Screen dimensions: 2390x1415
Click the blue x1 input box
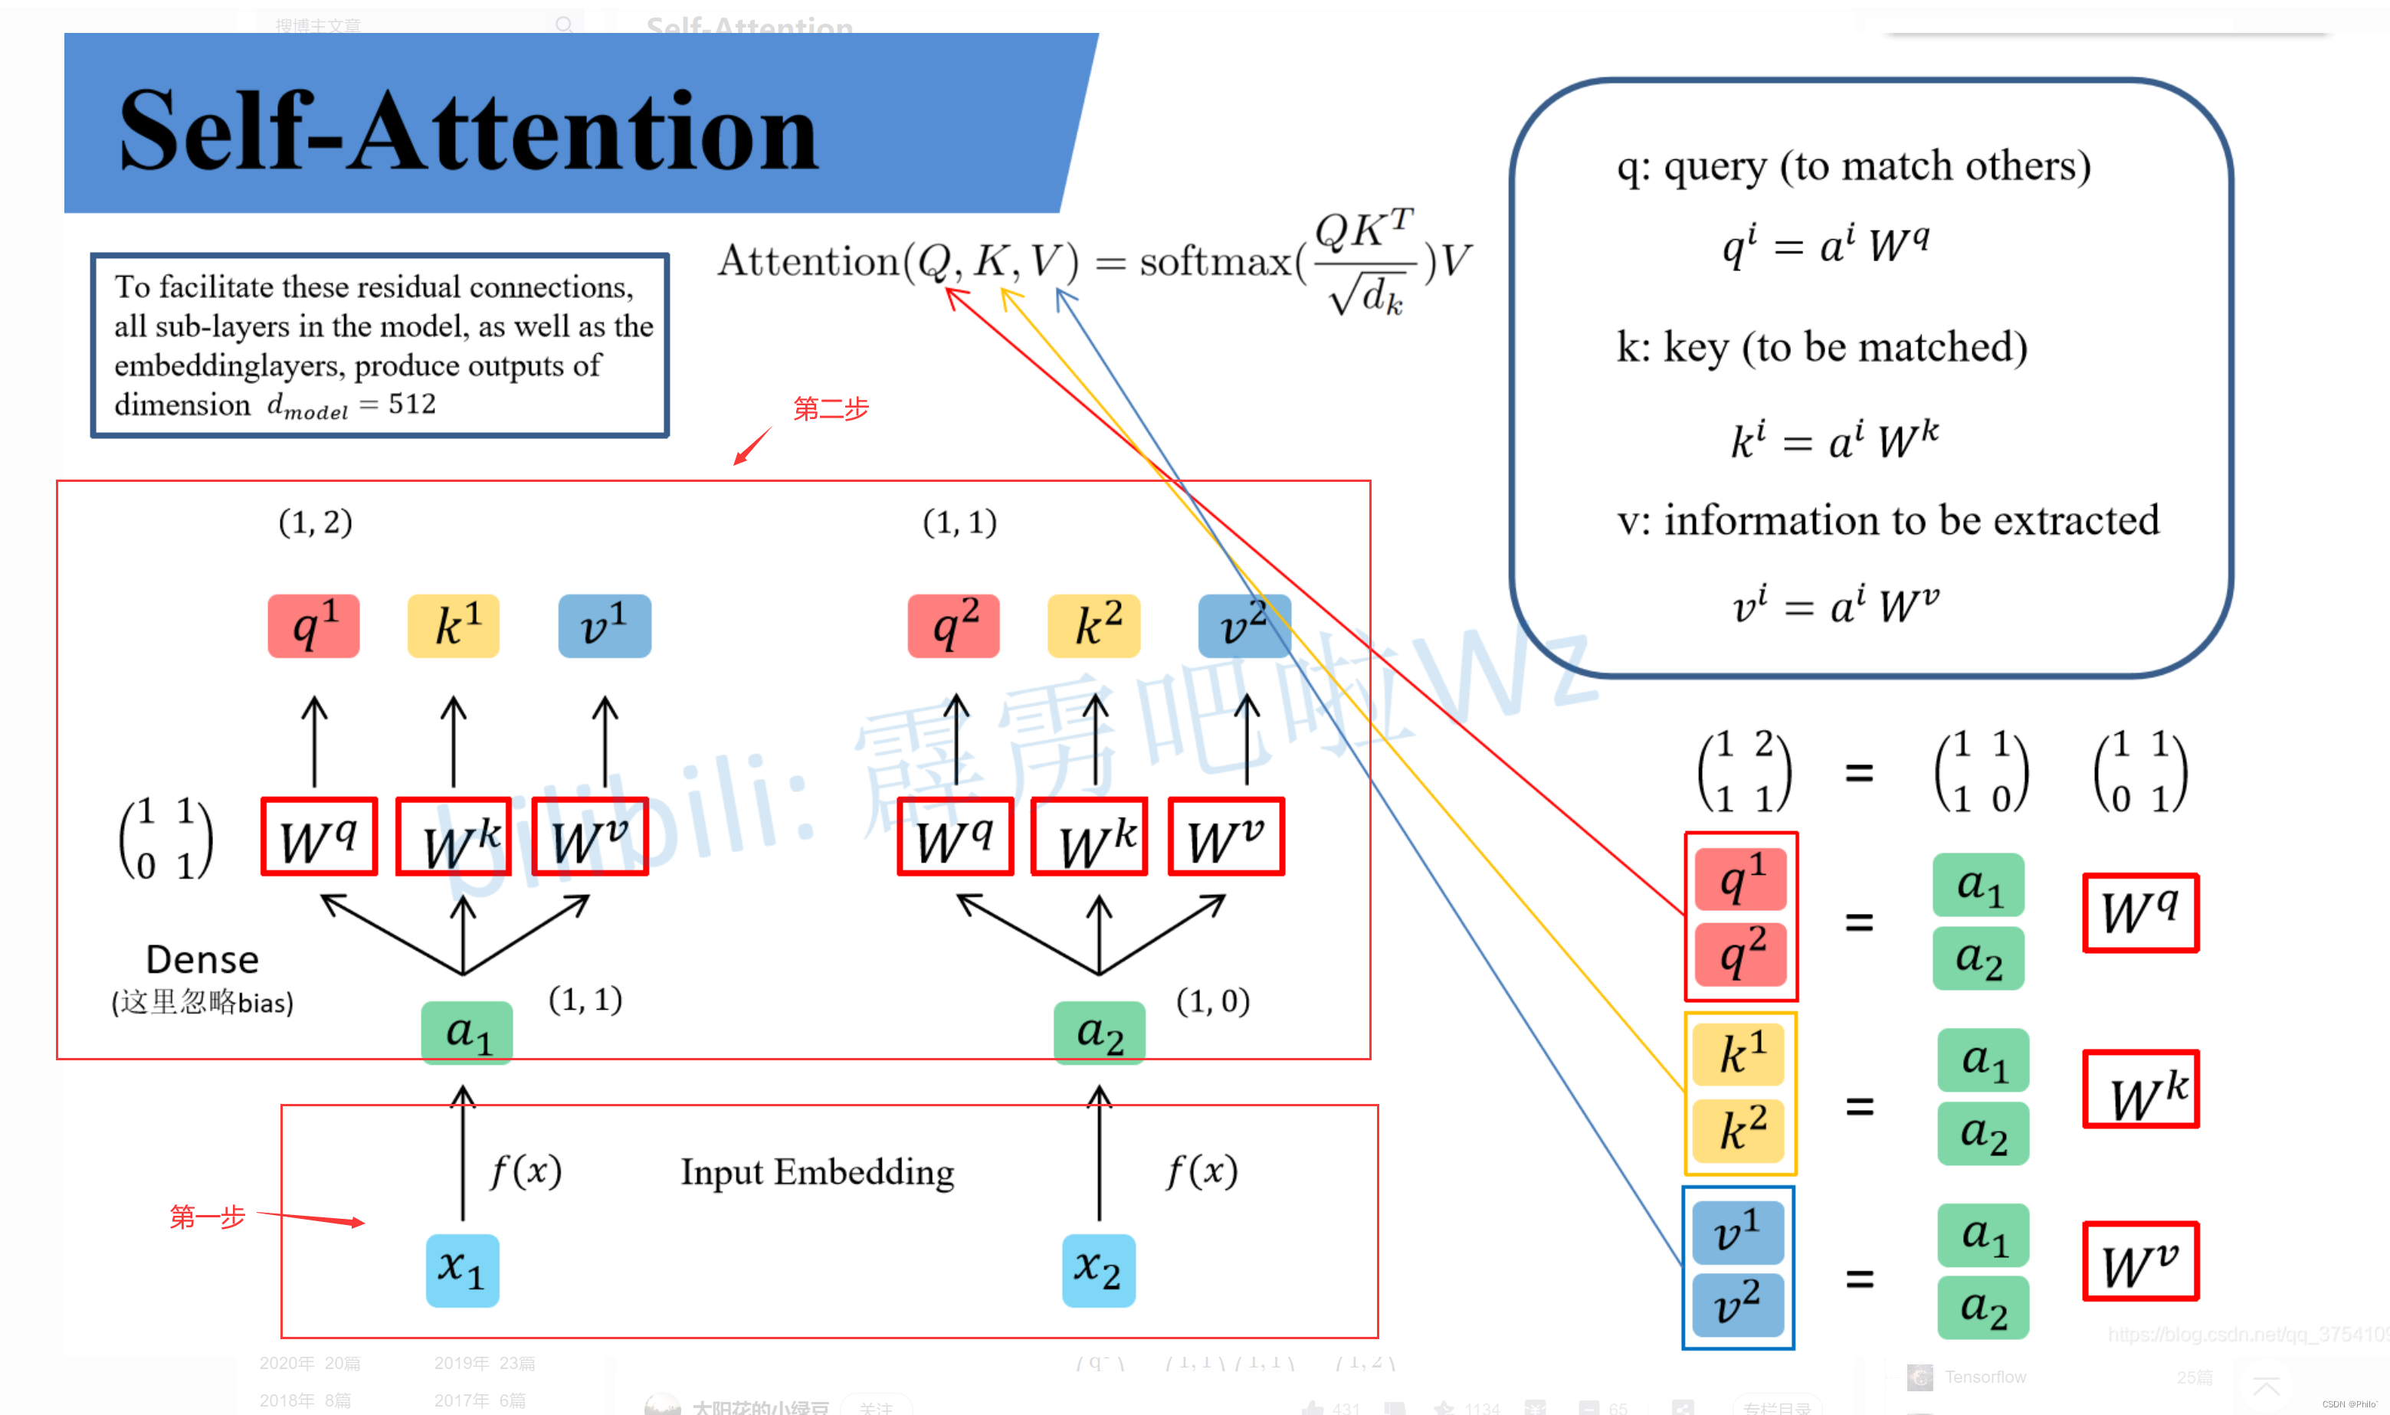point(461,1270)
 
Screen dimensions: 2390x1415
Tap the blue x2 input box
point(1098,1270)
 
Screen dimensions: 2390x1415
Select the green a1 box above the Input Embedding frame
point(467,1033)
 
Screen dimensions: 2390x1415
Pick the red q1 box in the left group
point(313,625)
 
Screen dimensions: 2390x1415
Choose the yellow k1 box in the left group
point(453,625)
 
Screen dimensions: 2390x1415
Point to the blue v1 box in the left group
point(605,625)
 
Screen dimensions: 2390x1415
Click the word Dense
point(202,959)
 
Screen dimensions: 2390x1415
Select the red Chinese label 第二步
point(831,409)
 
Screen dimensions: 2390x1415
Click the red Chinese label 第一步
point(207,1217)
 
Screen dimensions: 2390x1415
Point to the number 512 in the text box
point(412,405)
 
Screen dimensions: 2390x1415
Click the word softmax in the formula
point(1215,261)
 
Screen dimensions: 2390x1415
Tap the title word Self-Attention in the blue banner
point(468,131)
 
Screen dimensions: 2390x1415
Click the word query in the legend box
point(1715,168)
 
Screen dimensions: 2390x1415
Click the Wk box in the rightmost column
point(2141,1089)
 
